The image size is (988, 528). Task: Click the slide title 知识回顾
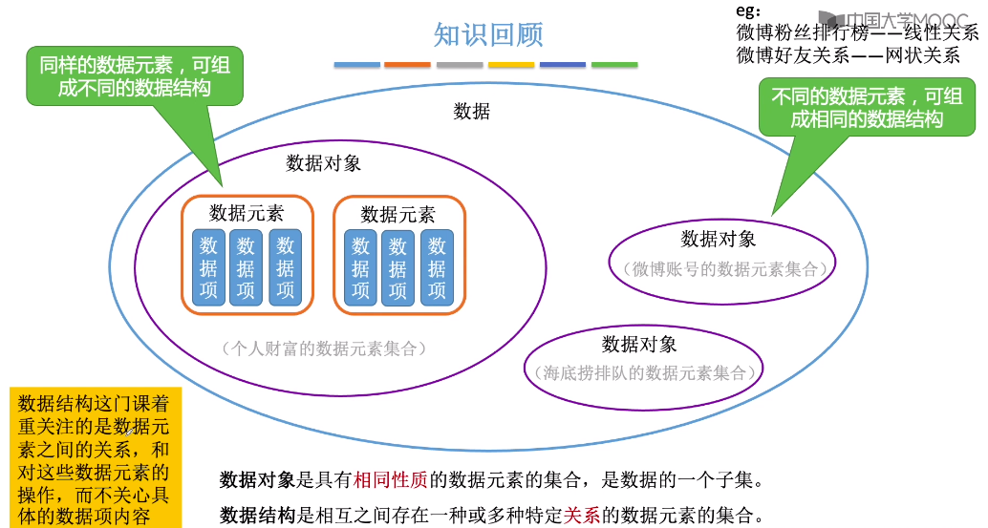[x=488, y=34]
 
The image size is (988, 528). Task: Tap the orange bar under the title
[x=407, y=65]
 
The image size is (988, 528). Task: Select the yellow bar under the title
[x=511, y=65]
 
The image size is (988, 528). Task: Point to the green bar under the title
[x=614, y=65]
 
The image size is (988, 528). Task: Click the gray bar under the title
[x=460, y=65]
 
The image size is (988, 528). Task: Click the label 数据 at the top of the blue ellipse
[x=471, y=112]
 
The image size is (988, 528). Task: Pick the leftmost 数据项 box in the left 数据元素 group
[x=208, y=267]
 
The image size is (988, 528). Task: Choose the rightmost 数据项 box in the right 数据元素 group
[x=437, y=268]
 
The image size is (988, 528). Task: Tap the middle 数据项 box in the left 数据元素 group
[x=246, y=267]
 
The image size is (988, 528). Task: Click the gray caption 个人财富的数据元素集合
[x=323, y=348]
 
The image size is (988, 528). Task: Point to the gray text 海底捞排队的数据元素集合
[x=644, y=373]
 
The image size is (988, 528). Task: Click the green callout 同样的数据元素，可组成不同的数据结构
[x=134, y=76]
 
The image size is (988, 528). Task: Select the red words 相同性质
[x=392, y=479]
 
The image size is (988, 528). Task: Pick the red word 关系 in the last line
[x=582, y=516]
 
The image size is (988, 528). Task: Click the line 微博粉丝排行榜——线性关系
[x=857, y=32]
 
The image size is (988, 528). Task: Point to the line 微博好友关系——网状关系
[x=848, y=55]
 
